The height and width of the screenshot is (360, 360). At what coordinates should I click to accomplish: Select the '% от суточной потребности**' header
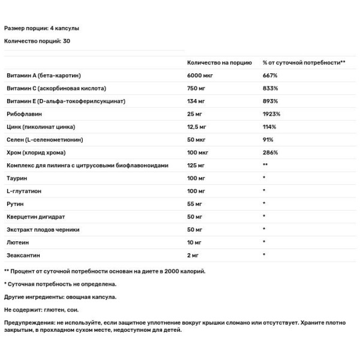click(x=304, y=62)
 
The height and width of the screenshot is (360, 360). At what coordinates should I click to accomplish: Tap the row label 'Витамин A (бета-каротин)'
click(x=43, y=76)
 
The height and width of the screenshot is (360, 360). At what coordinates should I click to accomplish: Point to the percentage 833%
click(x=270, y=88)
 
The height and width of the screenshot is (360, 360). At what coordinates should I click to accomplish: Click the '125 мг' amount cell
click(x=196, y=165)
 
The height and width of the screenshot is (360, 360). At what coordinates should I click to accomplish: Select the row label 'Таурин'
click(x=16, y=178)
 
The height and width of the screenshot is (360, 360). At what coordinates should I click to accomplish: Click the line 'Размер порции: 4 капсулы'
click(x=42, y=28)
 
